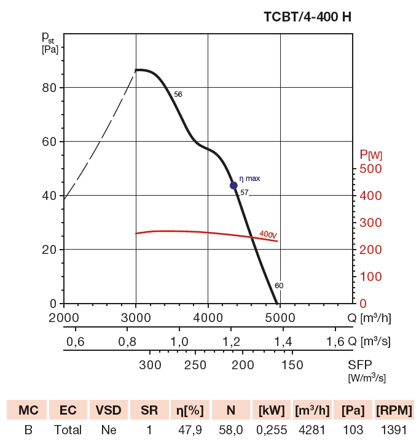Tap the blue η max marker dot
[x=233, y=185]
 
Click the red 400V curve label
[x=268, y=234]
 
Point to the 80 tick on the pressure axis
[x=49, y=88]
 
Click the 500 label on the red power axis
[x=370, y=169]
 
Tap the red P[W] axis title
[x=371, y=153]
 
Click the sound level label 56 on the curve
[x=178, y=94]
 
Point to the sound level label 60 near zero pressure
[x=279, y=285]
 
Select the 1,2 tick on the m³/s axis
[x=231, y=341]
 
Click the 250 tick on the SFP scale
[x=195, y=366]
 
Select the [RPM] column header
[x=394, y=410]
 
